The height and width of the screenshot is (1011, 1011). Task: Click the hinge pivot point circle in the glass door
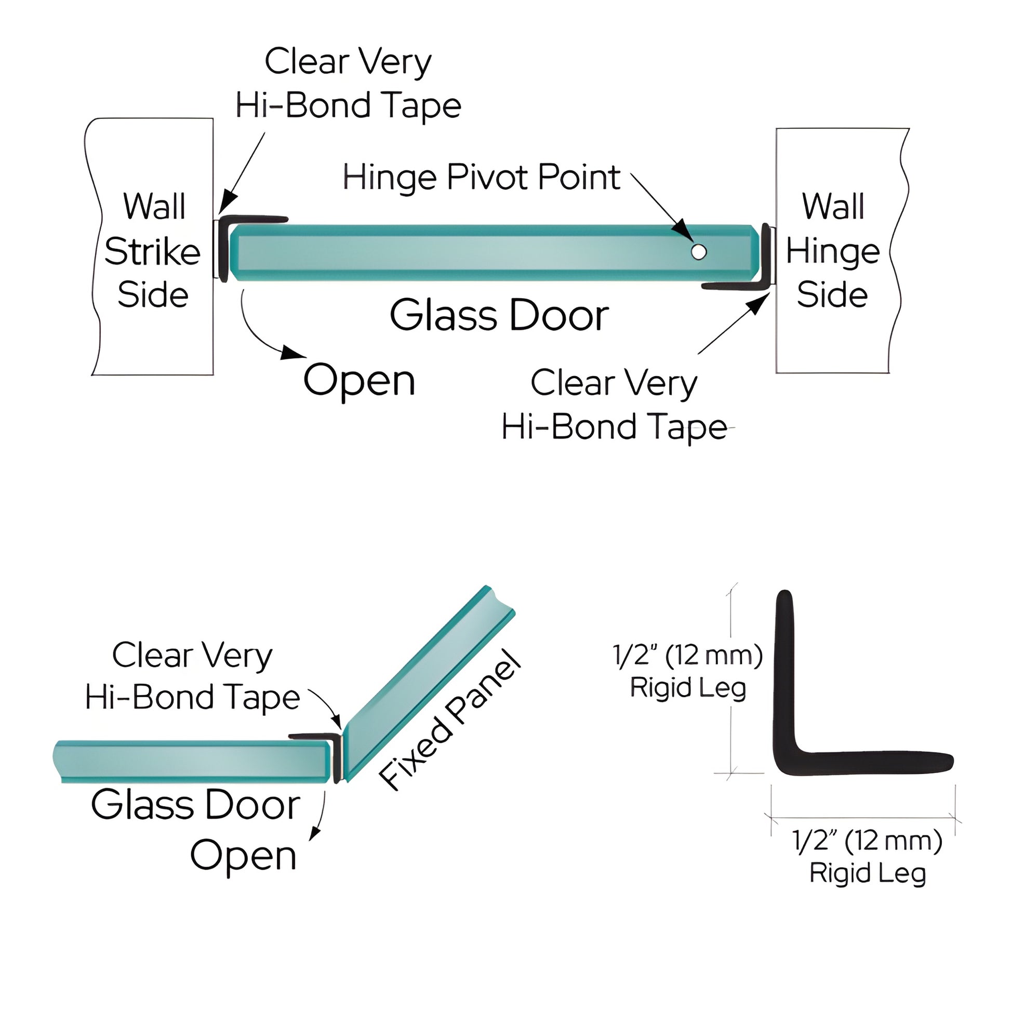point(698,251)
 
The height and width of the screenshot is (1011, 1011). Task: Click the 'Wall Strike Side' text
point(152,250)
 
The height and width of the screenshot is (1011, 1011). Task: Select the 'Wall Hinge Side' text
point(832,250)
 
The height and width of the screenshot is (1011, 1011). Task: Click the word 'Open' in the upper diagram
point(359,380)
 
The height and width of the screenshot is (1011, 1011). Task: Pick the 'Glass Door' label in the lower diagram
point(195,805)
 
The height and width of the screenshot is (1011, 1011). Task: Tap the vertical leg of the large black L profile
point(784,675)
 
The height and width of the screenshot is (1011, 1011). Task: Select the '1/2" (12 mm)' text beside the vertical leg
point(687,655)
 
